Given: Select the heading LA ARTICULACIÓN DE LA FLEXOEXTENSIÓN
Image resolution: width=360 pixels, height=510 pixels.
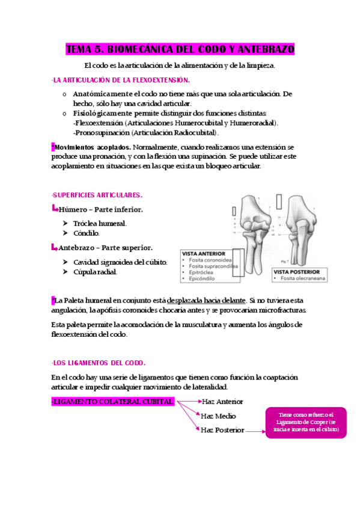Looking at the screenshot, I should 121,80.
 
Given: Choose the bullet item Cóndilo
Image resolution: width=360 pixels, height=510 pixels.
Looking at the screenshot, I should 86,233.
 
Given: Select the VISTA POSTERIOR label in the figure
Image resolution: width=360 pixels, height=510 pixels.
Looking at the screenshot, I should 296,272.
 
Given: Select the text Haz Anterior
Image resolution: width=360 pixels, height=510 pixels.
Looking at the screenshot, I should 222,401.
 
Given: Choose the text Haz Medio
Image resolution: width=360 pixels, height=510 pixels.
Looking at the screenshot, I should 218,416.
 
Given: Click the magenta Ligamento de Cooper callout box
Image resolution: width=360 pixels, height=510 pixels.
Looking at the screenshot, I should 305,422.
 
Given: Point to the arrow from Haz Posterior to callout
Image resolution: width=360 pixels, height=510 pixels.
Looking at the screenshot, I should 255,431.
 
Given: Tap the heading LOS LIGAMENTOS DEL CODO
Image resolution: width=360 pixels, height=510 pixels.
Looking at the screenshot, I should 99,363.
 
